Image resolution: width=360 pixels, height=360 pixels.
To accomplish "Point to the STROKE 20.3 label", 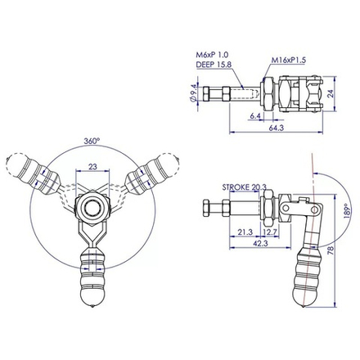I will click(244, 187).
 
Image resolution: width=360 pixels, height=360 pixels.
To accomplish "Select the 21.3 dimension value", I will click(243, 232).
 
